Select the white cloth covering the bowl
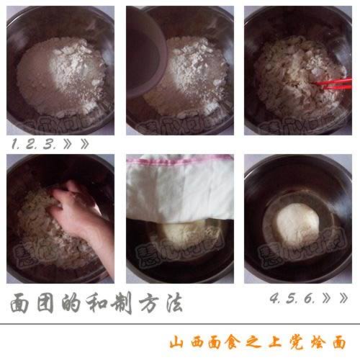(x=180, y=187)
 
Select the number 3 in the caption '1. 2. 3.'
(x=49, y=143)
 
